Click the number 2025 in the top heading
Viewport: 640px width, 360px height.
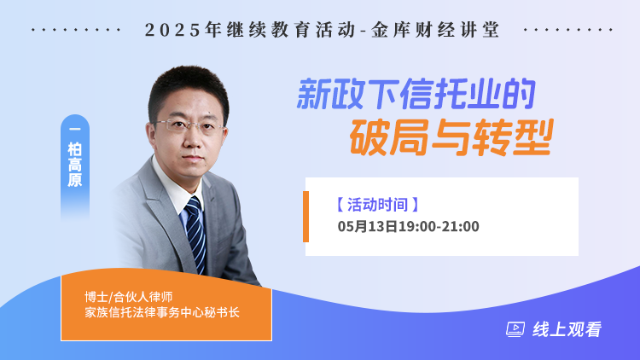173,30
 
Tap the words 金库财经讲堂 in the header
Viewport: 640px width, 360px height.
435,30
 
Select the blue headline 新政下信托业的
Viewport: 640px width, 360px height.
416,95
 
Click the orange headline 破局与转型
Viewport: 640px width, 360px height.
451,137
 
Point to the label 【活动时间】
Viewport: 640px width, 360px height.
377,205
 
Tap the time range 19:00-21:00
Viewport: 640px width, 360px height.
439,226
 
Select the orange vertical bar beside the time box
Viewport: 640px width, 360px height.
305,217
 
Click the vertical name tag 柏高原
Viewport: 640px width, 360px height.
75,164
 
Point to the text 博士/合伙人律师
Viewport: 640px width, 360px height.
129,297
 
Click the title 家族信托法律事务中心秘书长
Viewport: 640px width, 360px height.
162,312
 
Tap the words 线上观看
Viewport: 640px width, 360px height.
567,329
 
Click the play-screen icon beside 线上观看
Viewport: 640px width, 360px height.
515,329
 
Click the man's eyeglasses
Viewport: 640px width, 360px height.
190,125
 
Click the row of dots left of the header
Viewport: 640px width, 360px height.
76,30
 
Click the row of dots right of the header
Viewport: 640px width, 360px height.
568,30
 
